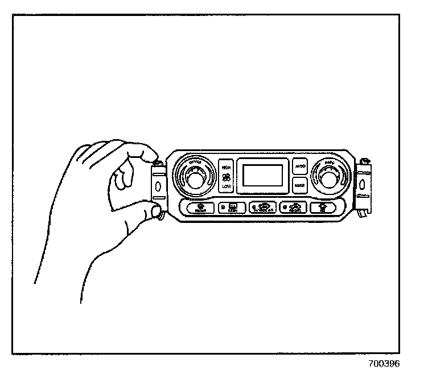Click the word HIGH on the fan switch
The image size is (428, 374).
coord(227,168)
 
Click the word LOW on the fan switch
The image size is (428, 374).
coord(227,186)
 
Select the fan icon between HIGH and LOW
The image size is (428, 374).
coord(227,177)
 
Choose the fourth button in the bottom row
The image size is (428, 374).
coord(294,208)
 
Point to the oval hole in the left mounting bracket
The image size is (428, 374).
coord(157,186)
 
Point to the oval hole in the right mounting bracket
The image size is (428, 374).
coord(362,185)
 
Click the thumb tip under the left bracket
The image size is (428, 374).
coord(155,213)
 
